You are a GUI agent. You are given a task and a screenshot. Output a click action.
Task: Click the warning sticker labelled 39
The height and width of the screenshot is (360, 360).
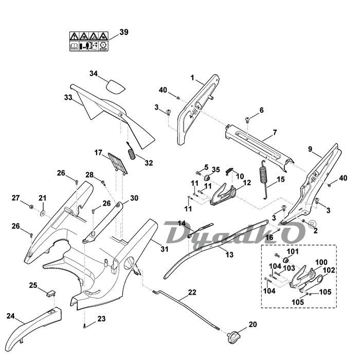click(x=88, y=41)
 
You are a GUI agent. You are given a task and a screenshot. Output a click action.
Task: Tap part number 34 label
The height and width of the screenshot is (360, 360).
click(x=93, y=74)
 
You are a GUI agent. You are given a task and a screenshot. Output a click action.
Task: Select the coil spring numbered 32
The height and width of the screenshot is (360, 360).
click(x=131, y=152)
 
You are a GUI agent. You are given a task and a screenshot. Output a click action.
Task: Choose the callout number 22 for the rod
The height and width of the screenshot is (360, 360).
click(x=192, y=292)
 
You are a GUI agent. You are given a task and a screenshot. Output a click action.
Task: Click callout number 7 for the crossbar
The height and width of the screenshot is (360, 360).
click(x=275, y=132)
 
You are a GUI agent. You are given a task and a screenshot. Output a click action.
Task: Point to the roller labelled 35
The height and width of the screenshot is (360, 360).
click(x=215, y=178)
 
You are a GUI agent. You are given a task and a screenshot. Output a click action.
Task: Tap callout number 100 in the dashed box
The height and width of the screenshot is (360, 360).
click(x=321, y=262)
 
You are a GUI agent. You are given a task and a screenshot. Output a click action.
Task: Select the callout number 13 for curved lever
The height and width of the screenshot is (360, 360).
click(x=229, y=254)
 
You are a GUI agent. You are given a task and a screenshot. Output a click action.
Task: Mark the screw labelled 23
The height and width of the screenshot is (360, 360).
click(x=84, y=326)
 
